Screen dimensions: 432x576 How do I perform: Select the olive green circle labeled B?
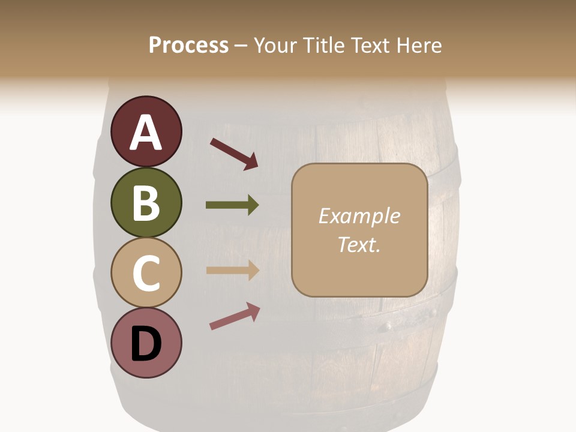coord(146,202)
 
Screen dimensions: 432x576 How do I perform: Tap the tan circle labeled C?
coord(146,273)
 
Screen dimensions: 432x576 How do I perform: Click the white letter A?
coord(146,133)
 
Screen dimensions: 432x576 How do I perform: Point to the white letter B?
coord(146,203)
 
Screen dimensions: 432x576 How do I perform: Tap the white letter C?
coord(146,273)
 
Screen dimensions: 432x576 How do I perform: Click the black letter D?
coord(146,344)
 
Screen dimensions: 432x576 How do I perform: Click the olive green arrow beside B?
coord(232,205)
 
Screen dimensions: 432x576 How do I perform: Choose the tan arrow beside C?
coord(232,270)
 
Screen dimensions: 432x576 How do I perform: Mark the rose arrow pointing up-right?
coord(235,316)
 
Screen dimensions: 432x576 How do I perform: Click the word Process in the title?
coord(188,46)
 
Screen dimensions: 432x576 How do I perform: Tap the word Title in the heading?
coord(325,46)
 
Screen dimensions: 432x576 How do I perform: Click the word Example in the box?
coord(359,216)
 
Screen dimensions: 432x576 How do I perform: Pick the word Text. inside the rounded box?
coord(359,244)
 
